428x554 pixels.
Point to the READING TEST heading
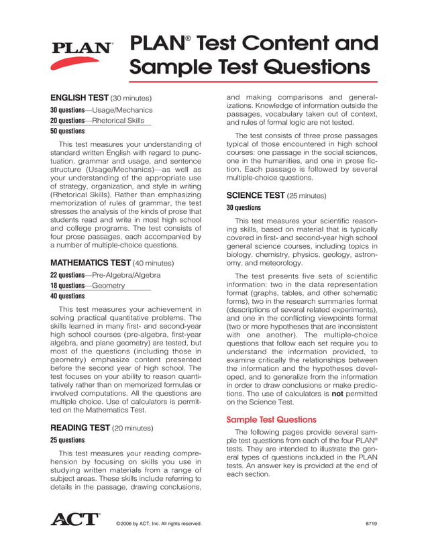tap(80, 427)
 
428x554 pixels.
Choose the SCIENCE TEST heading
tap(256, 195)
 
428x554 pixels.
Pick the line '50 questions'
tap(67, 131)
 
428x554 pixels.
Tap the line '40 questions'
tap(67, 296)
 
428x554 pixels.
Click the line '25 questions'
tap(67, 441)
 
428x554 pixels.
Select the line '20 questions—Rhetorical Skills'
tap(97, 121)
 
